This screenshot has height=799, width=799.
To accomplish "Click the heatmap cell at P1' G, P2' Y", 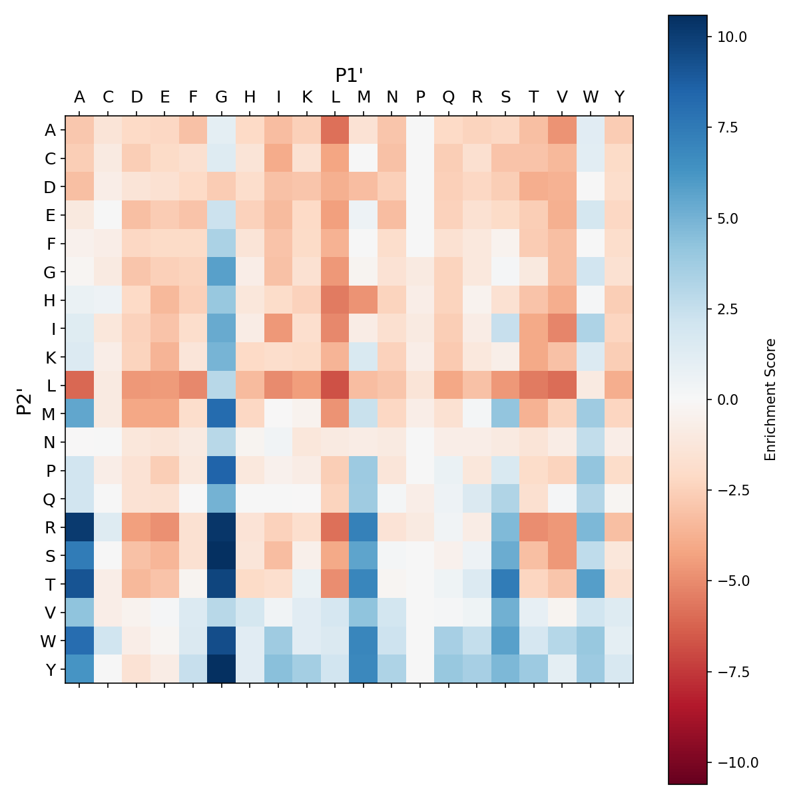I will coord(222,669).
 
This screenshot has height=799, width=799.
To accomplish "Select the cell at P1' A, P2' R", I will coord(79,527).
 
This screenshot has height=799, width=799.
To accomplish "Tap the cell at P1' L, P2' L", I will coord(336,386).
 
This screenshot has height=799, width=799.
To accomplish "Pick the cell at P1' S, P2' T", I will coord(506,584).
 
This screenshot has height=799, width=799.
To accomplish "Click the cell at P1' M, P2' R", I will coord(364,527).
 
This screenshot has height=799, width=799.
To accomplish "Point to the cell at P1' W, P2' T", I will coord(591,584).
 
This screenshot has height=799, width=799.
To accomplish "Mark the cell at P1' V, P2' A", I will coord(563,130).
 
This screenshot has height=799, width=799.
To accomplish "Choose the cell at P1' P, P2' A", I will coord(420,130).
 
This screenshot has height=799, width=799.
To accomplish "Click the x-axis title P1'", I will coord(349,75).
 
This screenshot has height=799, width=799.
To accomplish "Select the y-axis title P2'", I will coord(24,400).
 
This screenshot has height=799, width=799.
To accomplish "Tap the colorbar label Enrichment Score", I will coord(770,400).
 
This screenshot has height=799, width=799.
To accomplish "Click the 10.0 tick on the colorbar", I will coord(732,37).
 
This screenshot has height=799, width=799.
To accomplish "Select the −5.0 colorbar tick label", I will coord(732,581).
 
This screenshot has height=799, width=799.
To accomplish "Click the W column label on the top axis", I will coord(591,97).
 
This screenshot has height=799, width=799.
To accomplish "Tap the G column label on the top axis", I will coord(222,97).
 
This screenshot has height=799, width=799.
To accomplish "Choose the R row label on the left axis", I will coord(50,527).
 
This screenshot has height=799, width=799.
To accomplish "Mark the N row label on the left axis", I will coord(50,442).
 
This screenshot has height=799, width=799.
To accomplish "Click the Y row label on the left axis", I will coord(50,669).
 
